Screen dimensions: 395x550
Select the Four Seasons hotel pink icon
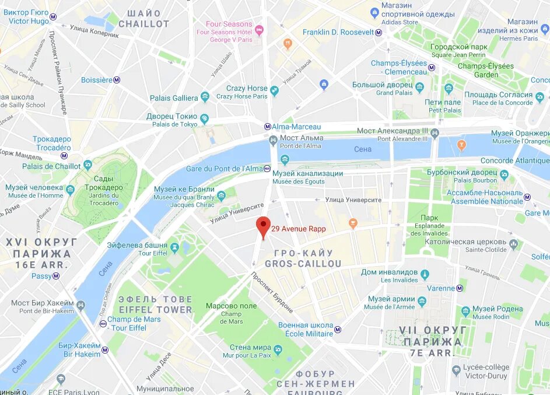click(259, 29)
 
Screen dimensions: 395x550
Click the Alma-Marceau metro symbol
click(267, 127)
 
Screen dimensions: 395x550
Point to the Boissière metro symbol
click(117, 80)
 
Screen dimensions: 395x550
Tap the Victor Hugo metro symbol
click(53, 17)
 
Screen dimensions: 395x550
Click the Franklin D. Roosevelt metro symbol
click(379, 33)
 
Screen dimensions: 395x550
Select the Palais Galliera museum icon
click(204, 97)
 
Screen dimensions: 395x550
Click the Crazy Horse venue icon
click(274, 91)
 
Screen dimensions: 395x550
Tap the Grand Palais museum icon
click(419, 89)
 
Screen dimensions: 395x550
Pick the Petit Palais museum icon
click(449, 89)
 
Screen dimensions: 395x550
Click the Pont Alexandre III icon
click(434, 135)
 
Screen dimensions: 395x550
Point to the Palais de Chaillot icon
click(87, 166)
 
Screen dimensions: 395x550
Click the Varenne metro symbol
click(460, 288)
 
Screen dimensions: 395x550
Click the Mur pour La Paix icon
click(278, 351)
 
